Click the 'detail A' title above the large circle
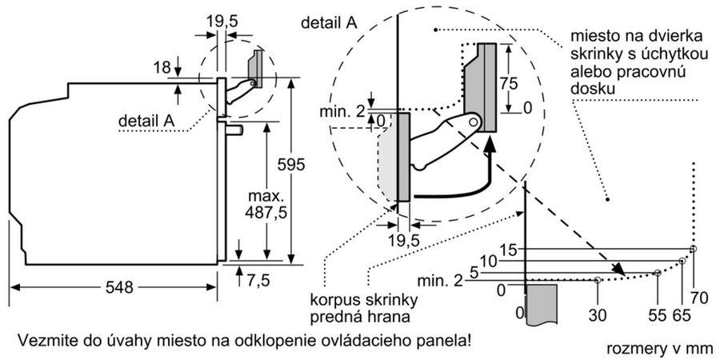328,23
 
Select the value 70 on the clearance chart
699,298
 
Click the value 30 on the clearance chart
598,315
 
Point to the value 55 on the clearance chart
657,315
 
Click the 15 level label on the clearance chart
509,250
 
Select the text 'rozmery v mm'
660,349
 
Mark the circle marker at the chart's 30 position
598,280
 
